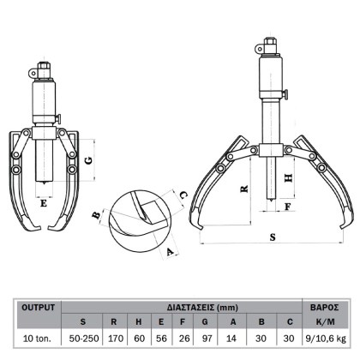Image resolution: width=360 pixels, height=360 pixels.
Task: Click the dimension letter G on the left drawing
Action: coord(89,160)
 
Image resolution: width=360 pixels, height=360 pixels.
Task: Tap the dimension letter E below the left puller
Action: coord(44,203)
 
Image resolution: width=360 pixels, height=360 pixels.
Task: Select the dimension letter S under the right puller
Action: coord(273,237)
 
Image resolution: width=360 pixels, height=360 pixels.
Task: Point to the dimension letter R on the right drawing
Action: coord(244,189)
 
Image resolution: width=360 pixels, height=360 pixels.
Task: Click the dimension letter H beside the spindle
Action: coord(289,178)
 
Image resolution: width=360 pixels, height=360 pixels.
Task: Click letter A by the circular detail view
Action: coord(170,252)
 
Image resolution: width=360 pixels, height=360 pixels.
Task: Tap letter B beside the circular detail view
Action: coord(98,214)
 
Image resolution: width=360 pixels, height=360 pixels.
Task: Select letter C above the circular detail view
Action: coord(183,195)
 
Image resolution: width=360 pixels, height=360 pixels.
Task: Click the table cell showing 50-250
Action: coord(84,339)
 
